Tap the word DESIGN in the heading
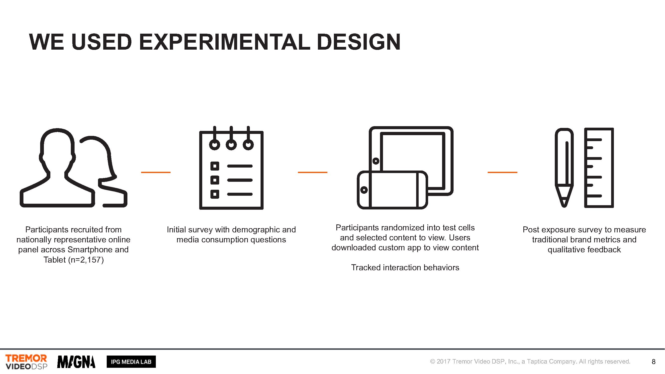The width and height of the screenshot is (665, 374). click(359, 42)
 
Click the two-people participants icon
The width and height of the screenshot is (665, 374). click(73, 168)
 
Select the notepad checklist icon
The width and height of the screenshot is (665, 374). click(231, 168)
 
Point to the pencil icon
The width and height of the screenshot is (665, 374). click(564, 168)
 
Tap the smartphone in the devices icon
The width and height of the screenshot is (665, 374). click(392, 190)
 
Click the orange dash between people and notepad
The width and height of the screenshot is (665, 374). click(156, 172)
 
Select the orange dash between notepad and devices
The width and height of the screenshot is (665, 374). click(313, 172)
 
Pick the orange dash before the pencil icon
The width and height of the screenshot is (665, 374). click(502, 172)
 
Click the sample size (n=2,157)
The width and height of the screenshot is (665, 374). click(86, 260)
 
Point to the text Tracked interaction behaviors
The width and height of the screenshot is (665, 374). click(405, 267)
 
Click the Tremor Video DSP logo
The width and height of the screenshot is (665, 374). click(26, 362)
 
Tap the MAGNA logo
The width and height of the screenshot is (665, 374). click(76, 362)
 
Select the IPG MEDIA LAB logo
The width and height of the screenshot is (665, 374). click(131, 362)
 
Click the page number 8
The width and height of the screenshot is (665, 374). click(653, 362)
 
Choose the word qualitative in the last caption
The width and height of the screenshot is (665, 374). click(564, 250)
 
